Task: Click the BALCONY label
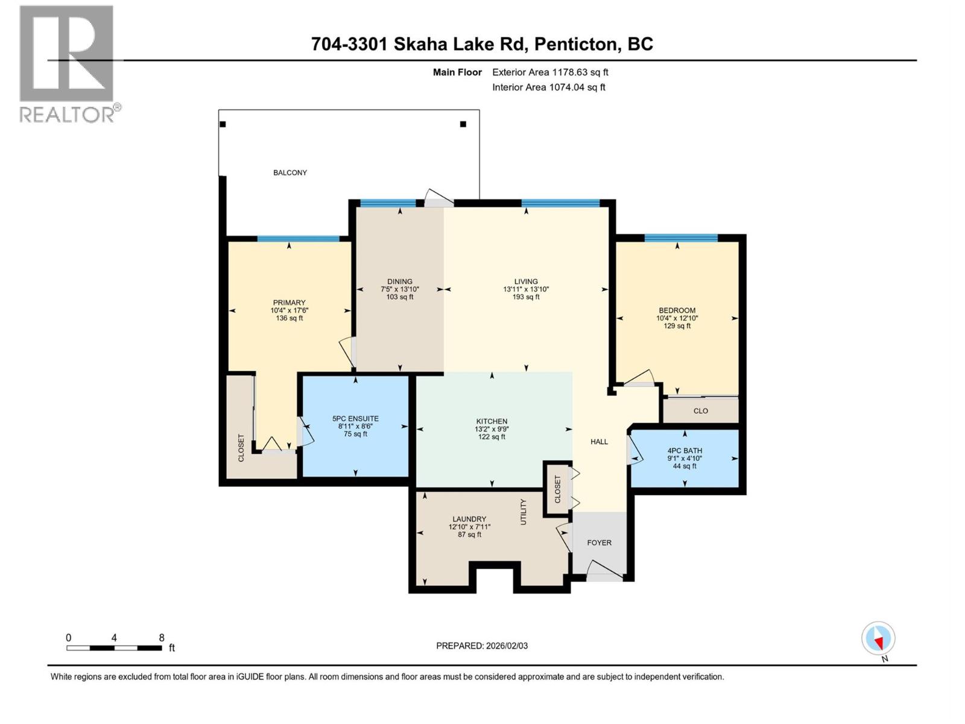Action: coord(290,173)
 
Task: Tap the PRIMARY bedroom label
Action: coord(289,303)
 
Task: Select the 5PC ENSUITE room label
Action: coord(355,418)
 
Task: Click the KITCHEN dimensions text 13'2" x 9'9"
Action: coord(492,429)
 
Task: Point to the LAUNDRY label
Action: coord(469,519)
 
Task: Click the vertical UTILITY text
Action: coord(524,512)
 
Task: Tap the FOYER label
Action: coord(599,542)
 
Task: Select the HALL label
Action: coord(599,442)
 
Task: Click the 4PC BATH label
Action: coord(685,451)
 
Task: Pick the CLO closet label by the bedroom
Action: coord(700,411)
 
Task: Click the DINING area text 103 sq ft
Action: coord(399,297)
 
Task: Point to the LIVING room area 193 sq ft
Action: coord(526,297)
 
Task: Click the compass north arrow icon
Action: coord(878,639)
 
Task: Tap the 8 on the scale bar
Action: coord(162,638)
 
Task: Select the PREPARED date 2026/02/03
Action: coord(506,646)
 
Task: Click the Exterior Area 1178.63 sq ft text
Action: coord(550,72)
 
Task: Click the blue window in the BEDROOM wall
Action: coord(681,238)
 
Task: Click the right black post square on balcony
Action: coord(463,124)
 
